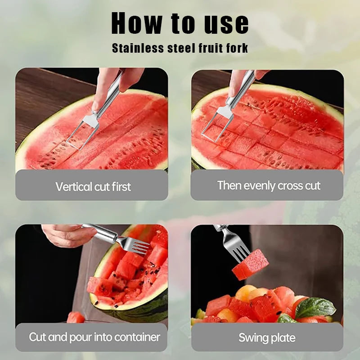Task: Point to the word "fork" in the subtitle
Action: click(236, 48)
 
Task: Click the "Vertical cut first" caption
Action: click(93, 186)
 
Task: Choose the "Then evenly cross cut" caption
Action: click(269, 185)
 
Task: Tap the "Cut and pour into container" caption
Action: click(94, 337)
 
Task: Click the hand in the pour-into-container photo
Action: click(67, 235)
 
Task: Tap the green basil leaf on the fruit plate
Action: click(315, 307)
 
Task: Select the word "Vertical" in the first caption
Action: click(72, 186)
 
